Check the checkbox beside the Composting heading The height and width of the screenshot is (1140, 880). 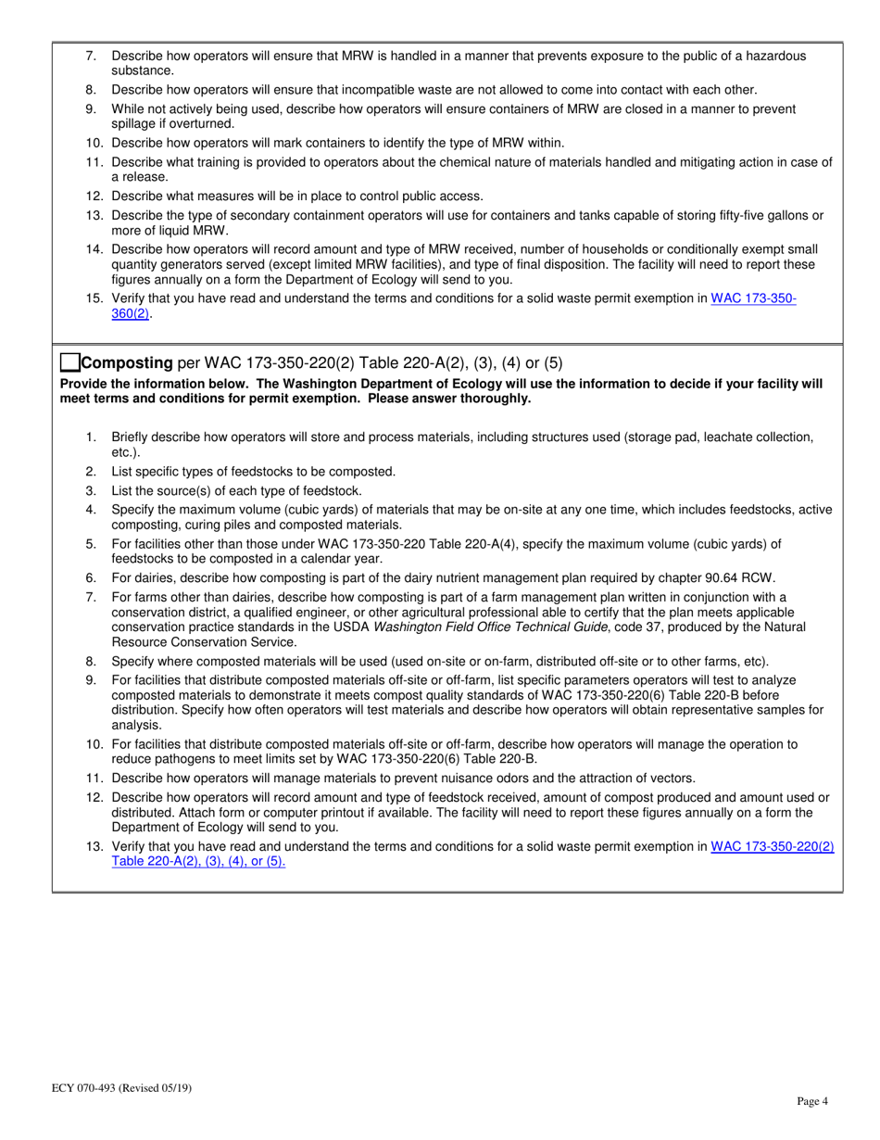pyautogui.click(x=70, y=362)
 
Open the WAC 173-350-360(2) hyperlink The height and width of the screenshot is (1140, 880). pyautogui.click(x=753, y=299)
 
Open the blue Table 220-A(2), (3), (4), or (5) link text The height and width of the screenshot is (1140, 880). pyautogui.click(x=198, y=860)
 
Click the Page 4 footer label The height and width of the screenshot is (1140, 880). pyautogui.click(x=811, y=1101)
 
